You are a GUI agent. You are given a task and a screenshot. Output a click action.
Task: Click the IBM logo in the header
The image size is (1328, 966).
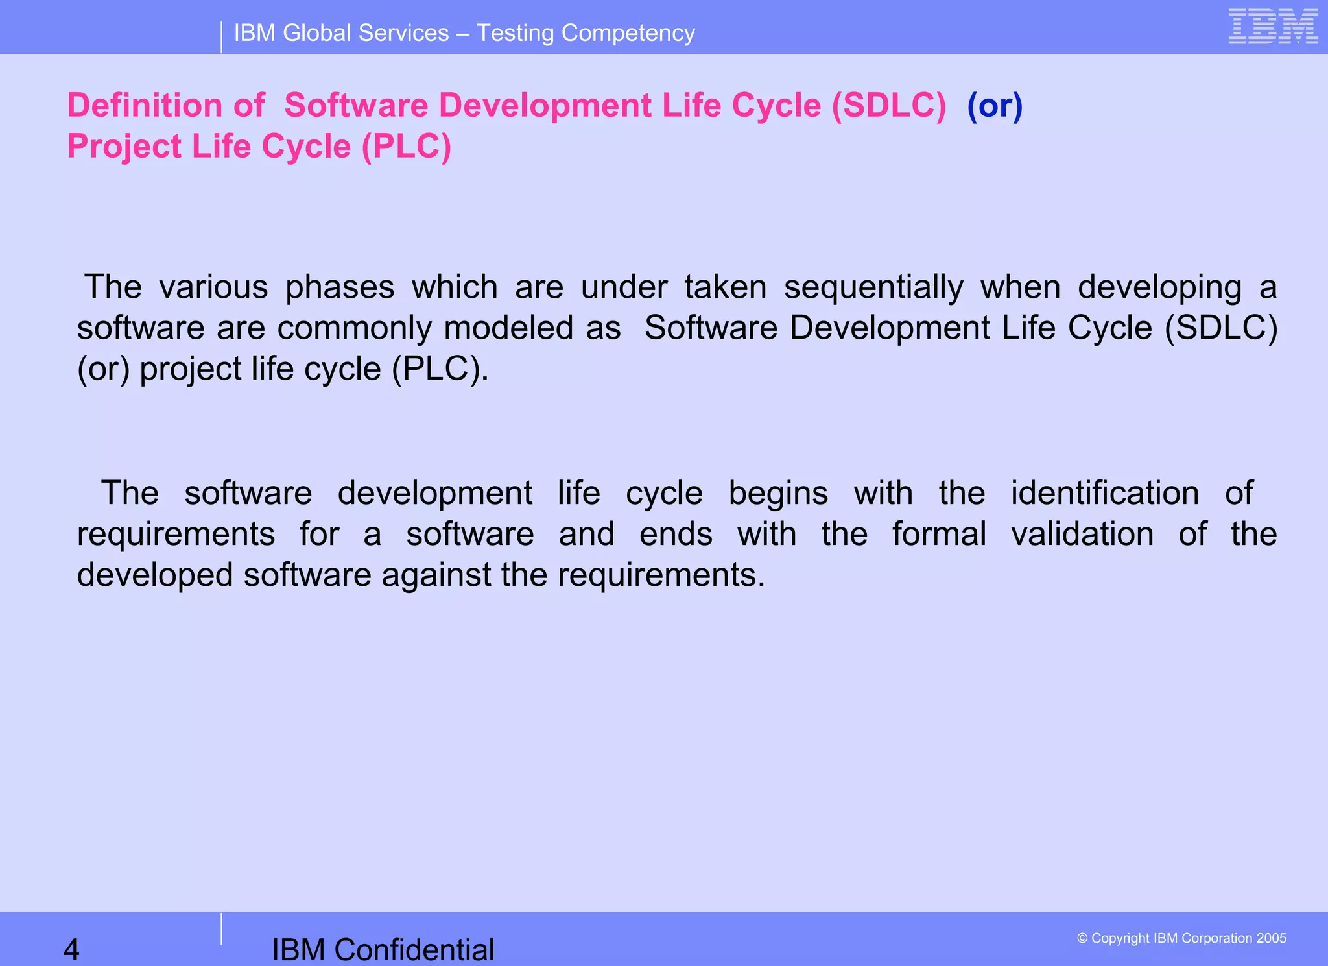pos(1273,27)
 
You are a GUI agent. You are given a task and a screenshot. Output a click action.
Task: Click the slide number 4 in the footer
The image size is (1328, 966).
pos(71,949)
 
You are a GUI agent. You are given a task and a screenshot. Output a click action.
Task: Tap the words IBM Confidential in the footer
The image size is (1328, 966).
pos(383,949)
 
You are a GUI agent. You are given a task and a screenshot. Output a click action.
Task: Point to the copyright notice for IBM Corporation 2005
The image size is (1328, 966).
pos(1181,938)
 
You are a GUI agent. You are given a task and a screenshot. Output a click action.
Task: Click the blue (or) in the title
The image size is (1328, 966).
pos(995,106)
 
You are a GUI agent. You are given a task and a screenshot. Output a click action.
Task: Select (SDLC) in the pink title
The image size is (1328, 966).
pos(889,106)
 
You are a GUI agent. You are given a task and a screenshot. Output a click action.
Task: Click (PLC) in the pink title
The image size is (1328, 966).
pos(407,147)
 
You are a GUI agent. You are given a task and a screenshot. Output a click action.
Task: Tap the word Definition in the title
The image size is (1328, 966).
pos(145,106)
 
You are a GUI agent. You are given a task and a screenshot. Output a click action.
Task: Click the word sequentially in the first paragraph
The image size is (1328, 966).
pos(873,287)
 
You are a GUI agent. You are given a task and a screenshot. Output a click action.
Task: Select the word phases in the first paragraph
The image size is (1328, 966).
pos(340,287)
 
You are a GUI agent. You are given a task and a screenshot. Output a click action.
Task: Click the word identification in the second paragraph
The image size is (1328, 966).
pos(1105,493)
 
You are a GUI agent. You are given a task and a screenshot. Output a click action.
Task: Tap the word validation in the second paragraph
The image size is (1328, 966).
pos(1082,534)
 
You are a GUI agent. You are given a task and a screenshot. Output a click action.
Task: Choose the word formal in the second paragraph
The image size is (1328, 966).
pos(939,534)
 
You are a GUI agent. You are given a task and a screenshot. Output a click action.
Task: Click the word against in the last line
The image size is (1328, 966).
pos(436,575)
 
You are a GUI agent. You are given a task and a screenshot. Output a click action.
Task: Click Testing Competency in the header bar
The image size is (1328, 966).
pos(586,33)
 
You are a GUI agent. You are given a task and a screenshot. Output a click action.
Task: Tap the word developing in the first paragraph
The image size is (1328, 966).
pos(1159,287)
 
